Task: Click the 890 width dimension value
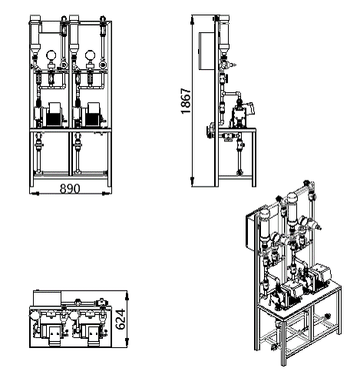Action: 70,189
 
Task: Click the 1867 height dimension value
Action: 186,101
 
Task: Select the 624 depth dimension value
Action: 121,319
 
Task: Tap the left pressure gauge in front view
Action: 51,55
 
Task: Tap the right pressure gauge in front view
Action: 90,55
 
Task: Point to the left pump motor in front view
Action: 54,114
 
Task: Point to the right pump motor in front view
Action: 93,114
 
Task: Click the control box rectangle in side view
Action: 206,51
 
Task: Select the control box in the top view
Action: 48,298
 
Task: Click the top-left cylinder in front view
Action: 35,33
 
